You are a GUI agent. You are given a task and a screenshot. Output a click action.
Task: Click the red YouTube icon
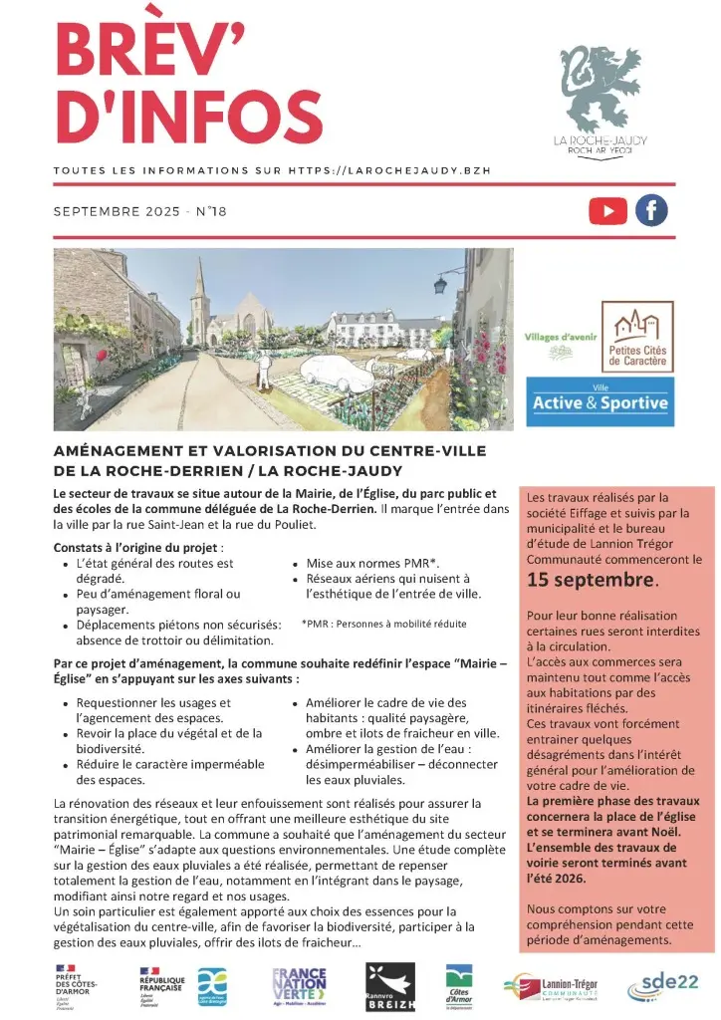click(x=607, y=210)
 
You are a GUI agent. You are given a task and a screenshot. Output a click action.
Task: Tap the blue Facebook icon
click(x=651, y=210)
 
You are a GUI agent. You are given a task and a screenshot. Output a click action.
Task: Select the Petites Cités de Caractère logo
click(x=637, y=337)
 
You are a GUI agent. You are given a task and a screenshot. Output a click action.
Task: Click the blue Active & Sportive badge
click(x=601, y=401)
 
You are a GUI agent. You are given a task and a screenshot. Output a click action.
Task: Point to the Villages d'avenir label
click(x=560, y=338)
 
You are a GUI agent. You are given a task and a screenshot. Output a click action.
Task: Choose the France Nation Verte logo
click(x=299, y=986)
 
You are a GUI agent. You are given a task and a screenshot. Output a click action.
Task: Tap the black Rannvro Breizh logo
click(x=383, y=986)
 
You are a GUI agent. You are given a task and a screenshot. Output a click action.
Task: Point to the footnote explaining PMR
click(x=383, y=624)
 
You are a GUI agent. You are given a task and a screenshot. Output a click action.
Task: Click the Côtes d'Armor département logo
click(x=458, y=986)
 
